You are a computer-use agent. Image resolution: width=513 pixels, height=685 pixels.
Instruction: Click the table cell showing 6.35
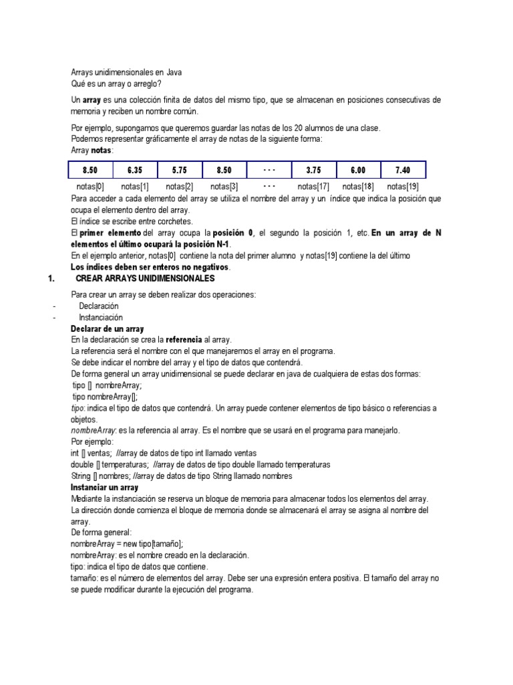(x=135, y=171)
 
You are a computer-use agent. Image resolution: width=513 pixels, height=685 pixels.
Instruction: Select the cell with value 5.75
(x=180, y=171)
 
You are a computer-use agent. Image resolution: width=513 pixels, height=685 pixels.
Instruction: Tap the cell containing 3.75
(x=313, y=171)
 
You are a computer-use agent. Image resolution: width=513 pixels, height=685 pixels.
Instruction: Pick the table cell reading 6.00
(x=358, y=171)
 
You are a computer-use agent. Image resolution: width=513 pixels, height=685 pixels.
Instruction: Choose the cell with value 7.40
(x=403, y=171)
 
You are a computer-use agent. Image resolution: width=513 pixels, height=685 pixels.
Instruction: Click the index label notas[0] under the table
(x=90, y=187)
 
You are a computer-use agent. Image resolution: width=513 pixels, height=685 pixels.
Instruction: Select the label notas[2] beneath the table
(x=180, y=187)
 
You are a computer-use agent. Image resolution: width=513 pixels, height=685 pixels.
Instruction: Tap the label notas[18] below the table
(x=358, y=187)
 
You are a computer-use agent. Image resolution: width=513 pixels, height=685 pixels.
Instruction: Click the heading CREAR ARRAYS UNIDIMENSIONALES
(x=146, y=278)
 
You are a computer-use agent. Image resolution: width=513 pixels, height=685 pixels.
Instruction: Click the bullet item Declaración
(x=99, y=306)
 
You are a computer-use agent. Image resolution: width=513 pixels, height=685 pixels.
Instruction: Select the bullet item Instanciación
(x=101, y=317)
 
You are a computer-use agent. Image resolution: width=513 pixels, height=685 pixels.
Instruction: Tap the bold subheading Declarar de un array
(x=107, y=328)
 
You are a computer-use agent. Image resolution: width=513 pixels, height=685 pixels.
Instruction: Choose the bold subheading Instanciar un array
(x=105, y=488)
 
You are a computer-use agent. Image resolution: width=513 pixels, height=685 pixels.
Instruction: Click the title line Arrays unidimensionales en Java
(x=126, y=72)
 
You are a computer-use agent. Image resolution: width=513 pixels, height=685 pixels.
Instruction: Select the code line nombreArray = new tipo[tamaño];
(x=127, y=544)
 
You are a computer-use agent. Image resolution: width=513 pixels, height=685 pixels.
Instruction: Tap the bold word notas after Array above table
(x=102, y=151)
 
